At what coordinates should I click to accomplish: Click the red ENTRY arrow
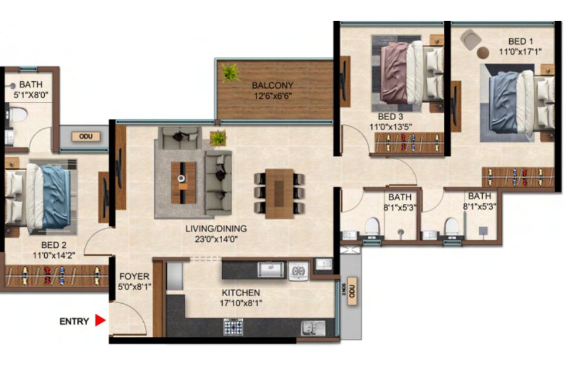(x=100, y=320)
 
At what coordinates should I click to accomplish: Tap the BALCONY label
(x=273, y=85)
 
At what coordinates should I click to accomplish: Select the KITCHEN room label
(x=240, y=293)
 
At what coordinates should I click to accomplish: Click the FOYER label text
(x=134, y=276)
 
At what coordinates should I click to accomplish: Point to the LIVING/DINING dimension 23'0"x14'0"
(x=216, y=239)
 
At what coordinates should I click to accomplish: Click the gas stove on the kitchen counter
(x=233, y=327)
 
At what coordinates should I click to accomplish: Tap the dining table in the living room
(x=279, y=193)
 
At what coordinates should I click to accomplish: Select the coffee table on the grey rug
(x=183, y=183)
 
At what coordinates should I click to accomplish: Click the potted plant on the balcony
(x=230, y=72)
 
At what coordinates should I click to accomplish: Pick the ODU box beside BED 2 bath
(x=85, y=137)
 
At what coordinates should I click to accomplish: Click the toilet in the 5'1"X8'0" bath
(x=18, y=115)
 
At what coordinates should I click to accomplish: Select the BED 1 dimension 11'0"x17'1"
(x=520, y=52)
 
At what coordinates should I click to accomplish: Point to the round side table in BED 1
(x=483, y=53)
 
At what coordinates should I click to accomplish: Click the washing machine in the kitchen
(x=298, y=271)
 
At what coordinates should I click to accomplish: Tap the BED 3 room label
(x=391, y=117)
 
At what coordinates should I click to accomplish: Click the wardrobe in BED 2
(x=57, y=276)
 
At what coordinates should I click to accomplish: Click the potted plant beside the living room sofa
(x=218, y=138)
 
